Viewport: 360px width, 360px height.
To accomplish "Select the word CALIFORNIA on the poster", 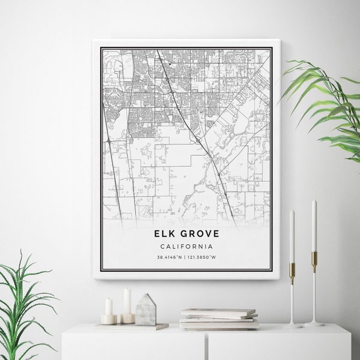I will coord(186,246).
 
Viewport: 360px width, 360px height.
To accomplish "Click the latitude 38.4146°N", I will coord(170,257).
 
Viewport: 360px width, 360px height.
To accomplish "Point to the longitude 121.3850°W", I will coord(202,257).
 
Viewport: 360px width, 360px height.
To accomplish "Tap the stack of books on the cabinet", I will coord(219,319).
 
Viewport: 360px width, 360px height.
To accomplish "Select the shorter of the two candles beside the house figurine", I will coord(109,308).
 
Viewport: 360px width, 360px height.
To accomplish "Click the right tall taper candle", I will coord(314,225).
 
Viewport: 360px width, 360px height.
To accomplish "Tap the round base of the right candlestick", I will coord(314,323).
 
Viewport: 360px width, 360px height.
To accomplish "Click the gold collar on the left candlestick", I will coord(292,271).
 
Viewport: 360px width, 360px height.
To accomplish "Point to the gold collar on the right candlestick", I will coord(314,259).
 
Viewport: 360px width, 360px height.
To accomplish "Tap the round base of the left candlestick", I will coord(293,325).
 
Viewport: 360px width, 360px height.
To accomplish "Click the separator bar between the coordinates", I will coord(185,257).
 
